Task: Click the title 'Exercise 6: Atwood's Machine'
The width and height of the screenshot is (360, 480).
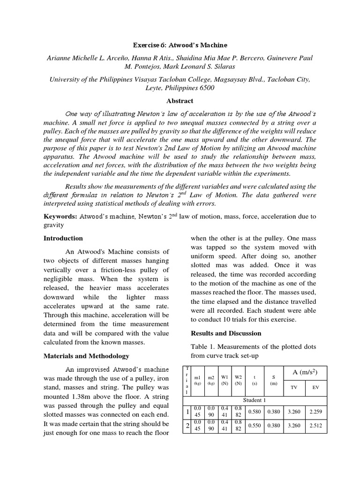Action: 180,45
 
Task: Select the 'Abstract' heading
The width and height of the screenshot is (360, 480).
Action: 180,101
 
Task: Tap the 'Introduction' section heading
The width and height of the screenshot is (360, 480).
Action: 63,238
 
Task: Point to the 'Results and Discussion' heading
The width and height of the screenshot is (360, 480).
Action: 225,333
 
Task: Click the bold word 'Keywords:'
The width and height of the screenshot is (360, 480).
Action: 60,217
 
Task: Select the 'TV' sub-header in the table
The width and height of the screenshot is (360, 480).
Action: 294,388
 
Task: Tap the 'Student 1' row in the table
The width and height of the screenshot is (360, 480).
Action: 255,400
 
